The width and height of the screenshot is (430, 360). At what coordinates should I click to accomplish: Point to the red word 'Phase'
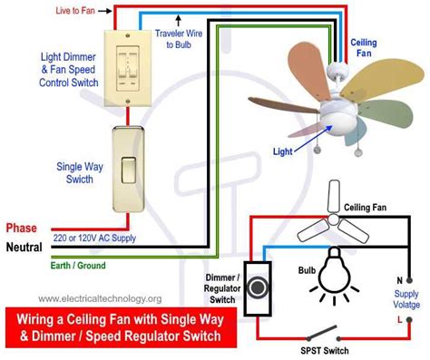point(21,228)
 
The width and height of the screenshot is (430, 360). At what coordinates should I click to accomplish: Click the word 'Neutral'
point(24,247)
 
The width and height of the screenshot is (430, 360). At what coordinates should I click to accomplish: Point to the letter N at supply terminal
point(398,280)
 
